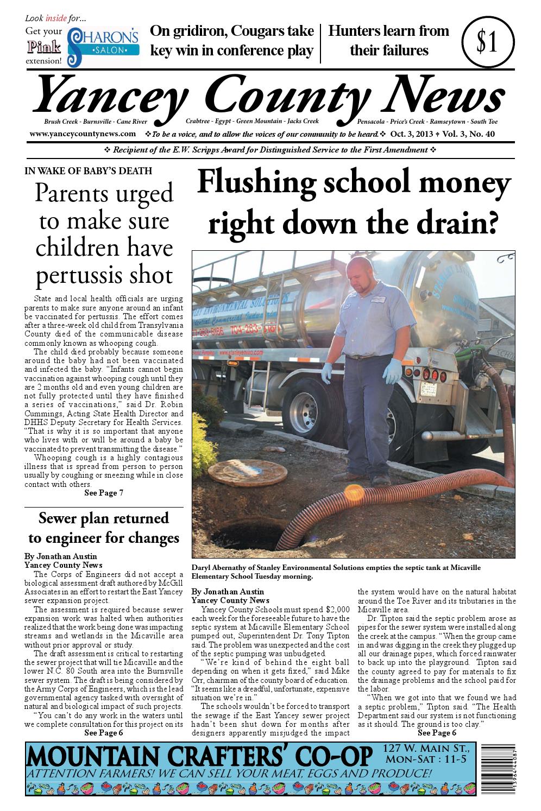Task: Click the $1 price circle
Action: pyautogui.click(x=487, y=43)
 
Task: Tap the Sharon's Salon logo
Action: pyautogui.click(x=103, y=45)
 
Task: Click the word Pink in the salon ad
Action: pyautogui.click(x=43, y=47)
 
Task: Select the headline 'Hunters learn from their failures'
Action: pyautogui.click(x=389, y=41)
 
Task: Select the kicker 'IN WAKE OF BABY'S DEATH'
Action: pyautogui.click(x=89, y=171)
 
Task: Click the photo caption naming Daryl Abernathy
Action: pyautogui.click(x=336, y=571)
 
